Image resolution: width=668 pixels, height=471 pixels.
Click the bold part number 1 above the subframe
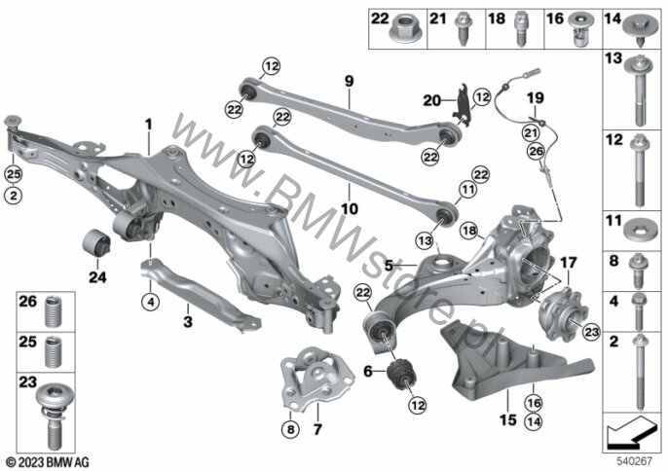[x=148, y=125]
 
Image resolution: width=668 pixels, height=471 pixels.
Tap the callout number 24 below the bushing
[x=97, y=277]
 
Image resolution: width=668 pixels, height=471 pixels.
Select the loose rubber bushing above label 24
[x=96, y=242]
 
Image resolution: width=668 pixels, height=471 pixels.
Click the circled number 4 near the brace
[x=150, y=303]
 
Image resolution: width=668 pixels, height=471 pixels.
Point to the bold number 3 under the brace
[x=188, y=321]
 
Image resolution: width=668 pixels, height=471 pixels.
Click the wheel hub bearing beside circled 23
[x=563, y=314]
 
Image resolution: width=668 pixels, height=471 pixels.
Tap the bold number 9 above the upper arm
[x=350, y=81]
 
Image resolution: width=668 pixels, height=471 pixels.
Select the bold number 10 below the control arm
[x=350, y=208]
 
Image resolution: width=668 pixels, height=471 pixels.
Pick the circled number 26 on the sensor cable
[x=536, y=151]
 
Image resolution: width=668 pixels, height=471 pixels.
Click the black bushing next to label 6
[x=401, y=374]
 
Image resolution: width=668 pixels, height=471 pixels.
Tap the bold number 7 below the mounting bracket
[x=317, y=428]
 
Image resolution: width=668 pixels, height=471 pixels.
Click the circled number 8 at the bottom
[x=290, y=429]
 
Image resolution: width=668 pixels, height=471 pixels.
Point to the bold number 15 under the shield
[x=508, y=420]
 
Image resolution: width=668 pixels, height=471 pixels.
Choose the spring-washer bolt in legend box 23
[x=52, y=416]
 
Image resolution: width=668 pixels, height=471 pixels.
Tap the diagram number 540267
[x=635, y=461]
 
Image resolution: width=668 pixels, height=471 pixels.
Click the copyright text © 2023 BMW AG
[x=48, y=462]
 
